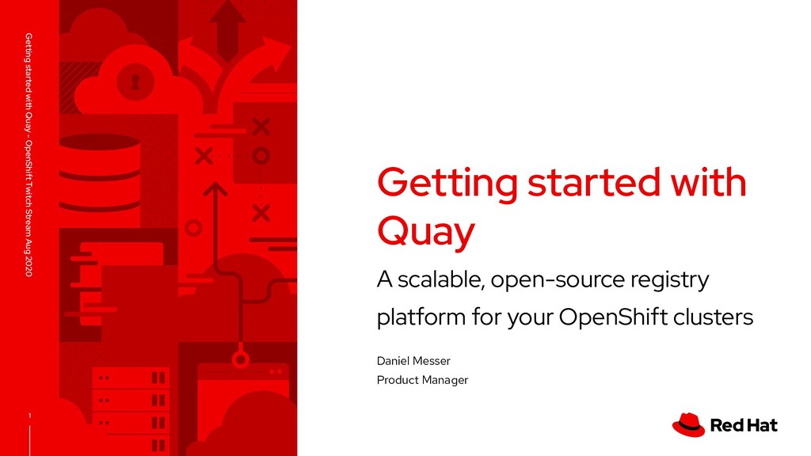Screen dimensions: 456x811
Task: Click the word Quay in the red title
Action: (425, 231)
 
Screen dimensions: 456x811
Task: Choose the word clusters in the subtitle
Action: (711, 318)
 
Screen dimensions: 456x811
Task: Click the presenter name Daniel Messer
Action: (413, 361)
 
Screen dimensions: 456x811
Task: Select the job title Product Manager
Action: (422, 380)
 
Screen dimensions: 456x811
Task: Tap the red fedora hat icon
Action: (688, 424)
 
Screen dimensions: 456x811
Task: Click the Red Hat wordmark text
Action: (744, 425)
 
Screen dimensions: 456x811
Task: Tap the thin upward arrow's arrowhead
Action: (214, 189)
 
